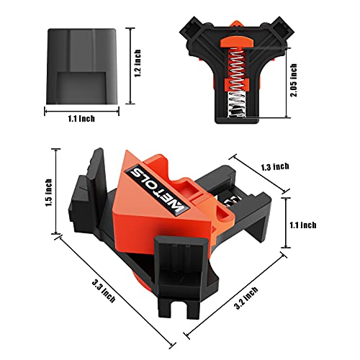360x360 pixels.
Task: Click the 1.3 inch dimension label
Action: click(x=274, y=166)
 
